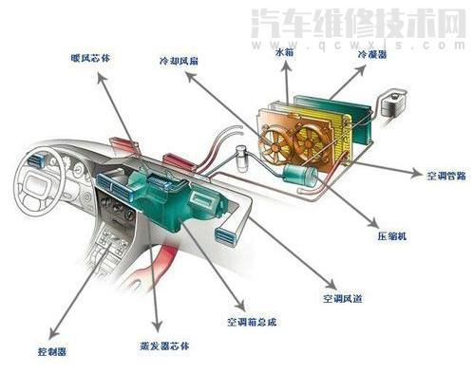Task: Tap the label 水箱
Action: (x=284, y=54)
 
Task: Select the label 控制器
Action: (x=52, y=352)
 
